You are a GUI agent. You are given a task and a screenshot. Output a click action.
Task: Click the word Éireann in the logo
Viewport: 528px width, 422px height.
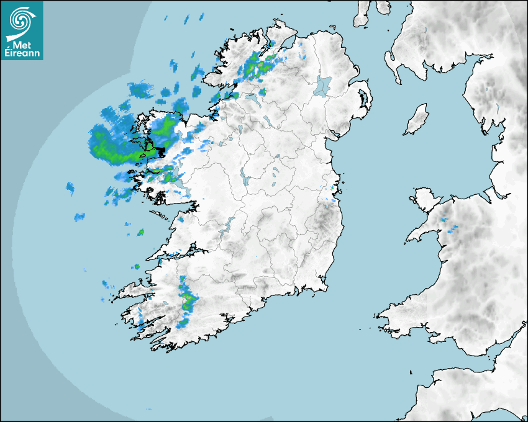23,53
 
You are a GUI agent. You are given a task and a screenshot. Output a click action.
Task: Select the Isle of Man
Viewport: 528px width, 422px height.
417,120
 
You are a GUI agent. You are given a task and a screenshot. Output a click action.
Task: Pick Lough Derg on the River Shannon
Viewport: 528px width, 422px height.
228,225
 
